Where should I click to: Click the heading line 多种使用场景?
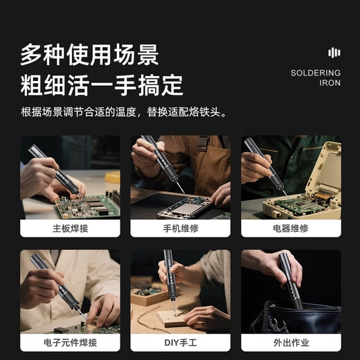89,54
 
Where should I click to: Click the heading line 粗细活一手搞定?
102,84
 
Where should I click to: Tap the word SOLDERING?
316,73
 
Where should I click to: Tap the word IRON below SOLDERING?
330,83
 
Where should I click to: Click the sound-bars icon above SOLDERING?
334,53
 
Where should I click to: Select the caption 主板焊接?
70,228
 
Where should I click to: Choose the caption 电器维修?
291,228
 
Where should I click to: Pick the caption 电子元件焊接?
70,343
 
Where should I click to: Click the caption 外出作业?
291,343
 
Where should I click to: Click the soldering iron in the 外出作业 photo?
290,280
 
